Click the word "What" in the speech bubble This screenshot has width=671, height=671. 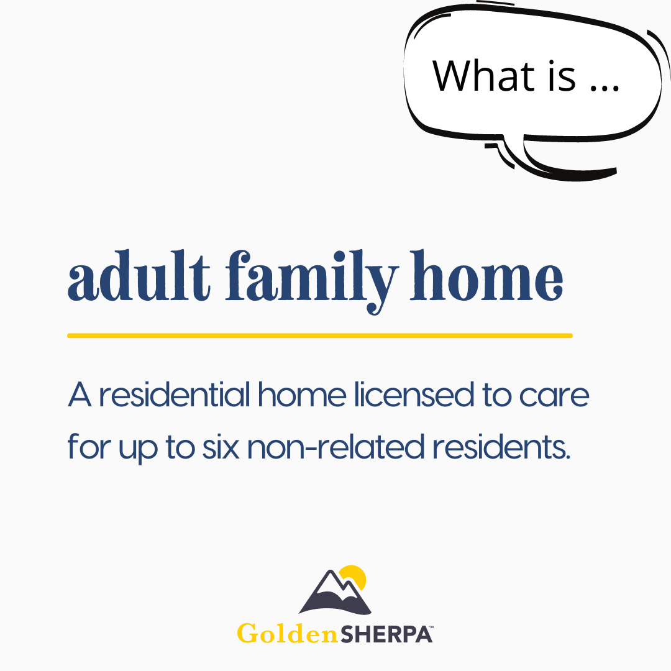[483, 76]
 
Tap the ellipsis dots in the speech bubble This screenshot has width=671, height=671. [605, 88]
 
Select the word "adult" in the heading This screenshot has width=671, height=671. [139, 275]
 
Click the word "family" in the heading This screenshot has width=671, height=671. [311, 281]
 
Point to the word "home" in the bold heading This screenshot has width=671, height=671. [486, 275]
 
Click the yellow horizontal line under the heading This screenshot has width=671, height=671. [320, 335]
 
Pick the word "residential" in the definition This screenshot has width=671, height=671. [175, 394]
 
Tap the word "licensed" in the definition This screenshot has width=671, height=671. [414, 394]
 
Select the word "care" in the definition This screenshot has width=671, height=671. [554, 396]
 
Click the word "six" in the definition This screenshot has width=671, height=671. [221, 447]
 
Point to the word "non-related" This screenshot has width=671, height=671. [336, 446]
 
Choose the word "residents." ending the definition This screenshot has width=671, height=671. [501, 446]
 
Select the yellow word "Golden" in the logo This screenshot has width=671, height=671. [288, 633]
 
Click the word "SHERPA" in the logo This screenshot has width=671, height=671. [386, 634]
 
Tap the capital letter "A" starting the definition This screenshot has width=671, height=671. [80, 394]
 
